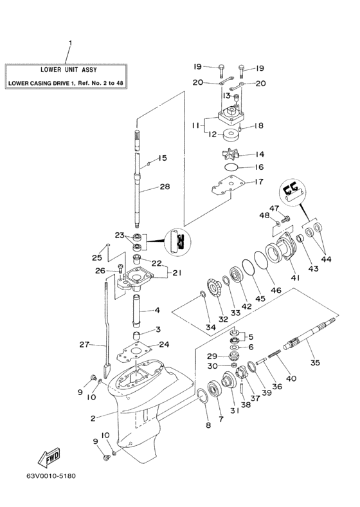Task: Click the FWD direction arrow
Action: pyautogui.click(x=49, y=458)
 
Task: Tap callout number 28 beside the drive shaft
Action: pyautogui.click(x=165, y=188)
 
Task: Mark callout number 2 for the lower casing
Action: pyautogui.click(x=93, y=418)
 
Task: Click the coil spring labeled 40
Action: pyautogui.click(x=276, y=371)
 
